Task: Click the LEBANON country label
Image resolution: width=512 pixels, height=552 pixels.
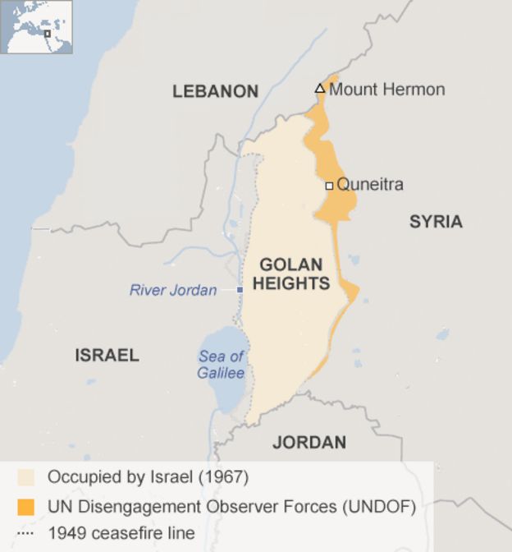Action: (215, 91)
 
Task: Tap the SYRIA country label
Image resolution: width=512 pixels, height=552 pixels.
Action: (436, 221)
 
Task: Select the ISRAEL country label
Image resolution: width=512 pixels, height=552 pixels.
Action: (107, 356)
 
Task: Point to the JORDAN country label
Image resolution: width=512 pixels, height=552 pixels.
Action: (309, 443)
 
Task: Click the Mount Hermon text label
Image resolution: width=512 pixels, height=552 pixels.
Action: (386, 90)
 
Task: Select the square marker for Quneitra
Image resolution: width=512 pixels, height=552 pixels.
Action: (329, 186)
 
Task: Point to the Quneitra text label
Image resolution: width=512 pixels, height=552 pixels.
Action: (370, 185)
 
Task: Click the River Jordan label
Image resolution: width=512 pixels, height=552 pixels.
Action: (173, 290)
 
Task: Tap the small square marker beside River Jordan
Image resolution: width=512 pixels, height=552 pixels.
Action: (240, 290)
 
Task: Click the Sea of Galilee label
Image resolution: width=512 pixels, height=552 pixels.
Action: (221, 365)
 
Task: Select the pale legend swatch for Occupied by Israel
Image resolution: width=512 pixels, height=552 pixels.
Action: (27, 477)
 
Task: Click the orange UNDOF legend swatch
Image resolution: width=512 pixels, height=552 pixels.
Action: (27, 507)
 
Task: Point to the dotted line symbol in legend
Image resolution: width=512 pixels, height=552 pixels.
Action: (26, 534)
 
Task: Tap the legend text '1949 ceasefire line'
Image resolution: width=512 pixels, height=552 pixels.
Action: (121, 534)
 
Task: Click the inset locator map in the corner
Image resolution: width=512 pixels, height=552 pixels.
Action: (37, 27)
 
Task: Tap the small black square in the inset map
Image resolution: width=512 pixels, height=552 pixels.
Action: (48, 34)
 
